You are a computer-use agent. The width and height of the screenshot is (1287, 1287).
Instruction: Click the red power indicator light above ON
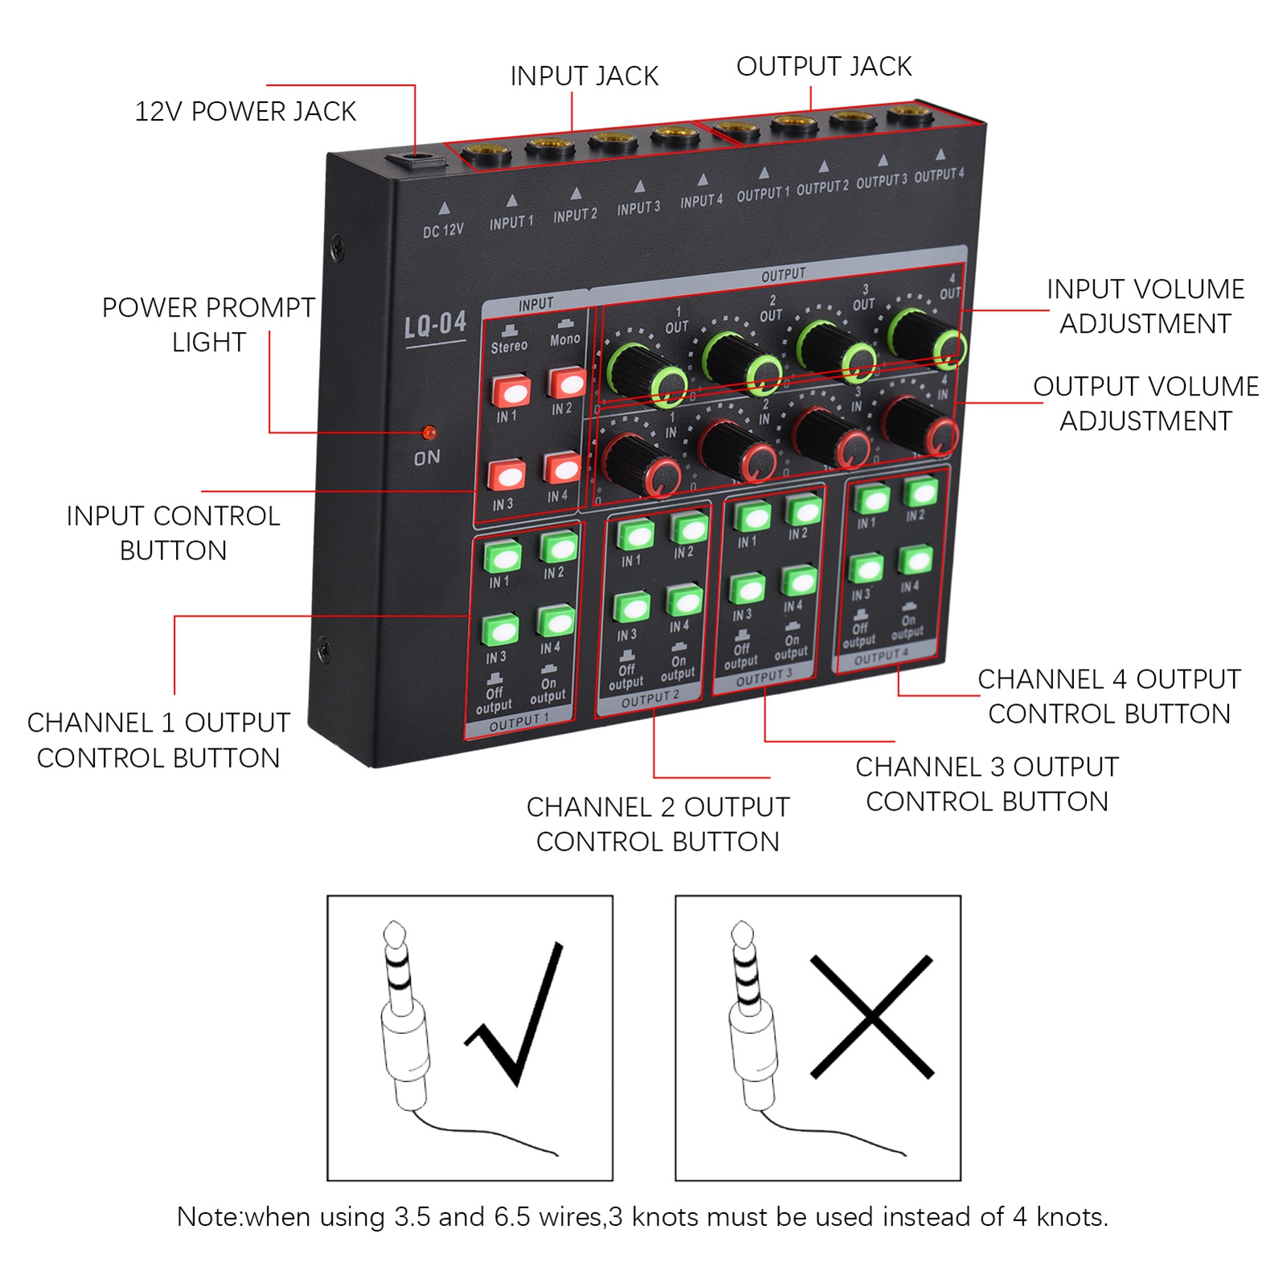click(x=429, y=432)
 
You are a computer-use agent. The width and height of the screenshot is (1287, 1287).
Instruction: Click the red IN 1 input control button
click(x=511, y=391)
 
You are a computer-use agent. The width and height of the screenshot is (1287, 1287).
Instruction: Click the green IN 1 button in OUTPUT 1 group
click(x=502, y=555)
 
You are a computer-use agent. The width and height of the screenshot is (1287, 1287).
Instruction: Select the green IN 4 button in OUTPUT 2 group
click(x=684, y=601)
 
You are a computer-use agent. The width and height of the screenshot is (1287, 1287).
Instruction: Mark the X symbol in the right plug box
click(x=872, y=1017)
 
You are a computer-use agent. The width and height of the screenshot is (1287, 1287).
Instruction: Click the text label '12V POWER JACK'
click(x=245, y=112)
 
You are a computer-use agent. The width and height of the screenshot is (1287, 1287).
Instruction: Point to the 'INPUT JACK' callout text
click(x=584, y=76)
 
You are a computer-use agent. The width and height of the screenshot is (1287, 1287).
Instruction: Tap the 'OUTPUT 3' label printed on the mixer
click(x=881, y=181)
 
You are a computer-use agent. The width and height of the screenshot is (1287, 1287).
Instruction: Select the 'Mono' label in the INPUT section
click(x=565, y=339)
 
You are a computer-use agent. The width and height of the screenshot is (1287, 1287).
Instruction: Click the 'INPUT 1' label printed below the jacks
click(x=511, y=223)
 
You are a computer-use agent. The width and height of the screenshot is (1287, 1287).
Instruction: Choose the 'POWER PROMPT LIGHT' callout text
click(x=208, y=325)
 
